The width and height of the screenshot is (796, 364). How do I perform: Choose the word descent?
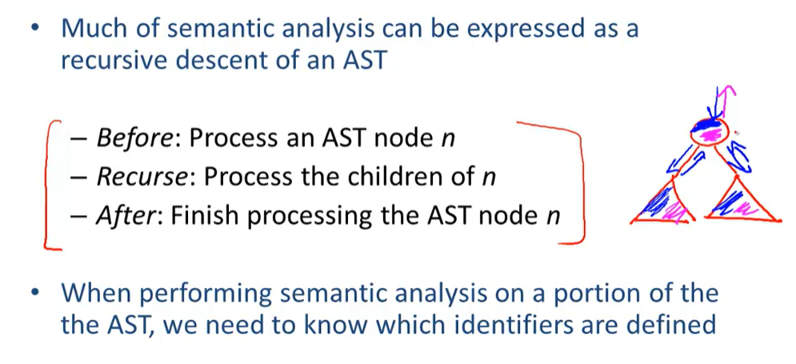coord(234,61)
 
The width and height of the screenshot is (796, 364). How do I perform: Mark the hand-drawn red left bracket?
coord(50,184)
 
